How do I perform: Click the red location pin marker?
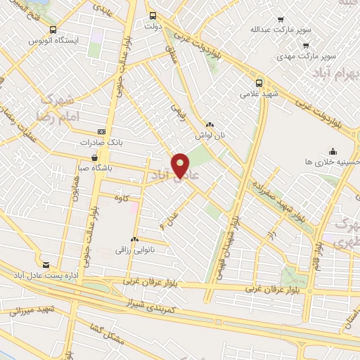click(x=181, y=165)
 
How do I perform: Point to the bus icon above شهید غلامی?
click(x=259, y=82)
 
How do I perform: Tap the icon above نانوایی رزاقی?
click(x=134, y=240)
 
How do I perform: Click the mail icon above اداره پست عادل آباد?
click(x=46, y=265)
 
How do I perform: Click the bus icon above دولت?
click(x=153, y=15)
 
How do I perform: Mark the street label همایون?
click(x=75, y=190)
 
